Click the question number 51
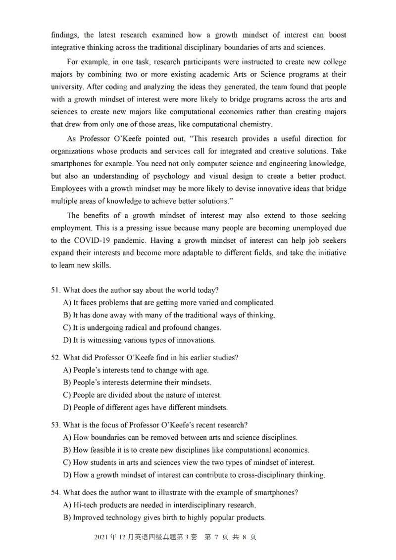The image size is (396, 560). coord(55,290)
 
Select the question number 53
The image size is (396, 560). coord(55,425)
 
